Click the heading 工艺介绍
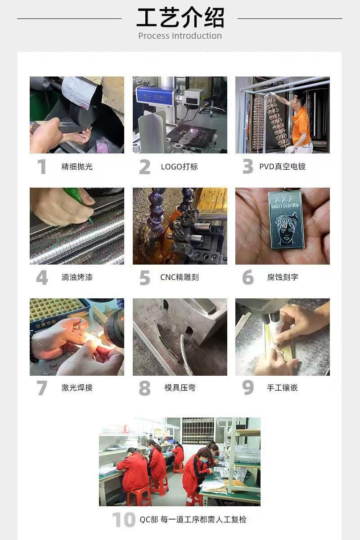click(180, 18)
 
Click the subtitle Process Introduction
click(180, 36)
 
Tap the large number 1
click(42, 166)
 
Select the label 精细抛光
click(77, 166)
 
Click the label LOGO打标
click(180, 166)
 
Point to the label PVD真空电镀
click(282, 166)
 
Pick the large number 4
click(42, 278)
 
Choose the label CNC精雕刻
click(180, 277)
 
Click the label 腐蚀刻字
click(283, 277)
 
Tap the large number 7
click(42, 388)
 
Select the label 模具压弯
click(180, 387)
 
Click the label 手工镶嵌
click(282, 387)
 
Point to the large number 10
click(124, 519)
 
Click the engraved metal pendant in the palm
click(286, 220)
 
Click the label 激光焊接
click(77, 387)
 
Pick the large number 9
click(248, 388)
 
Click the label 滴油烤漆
click(77, 277)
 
